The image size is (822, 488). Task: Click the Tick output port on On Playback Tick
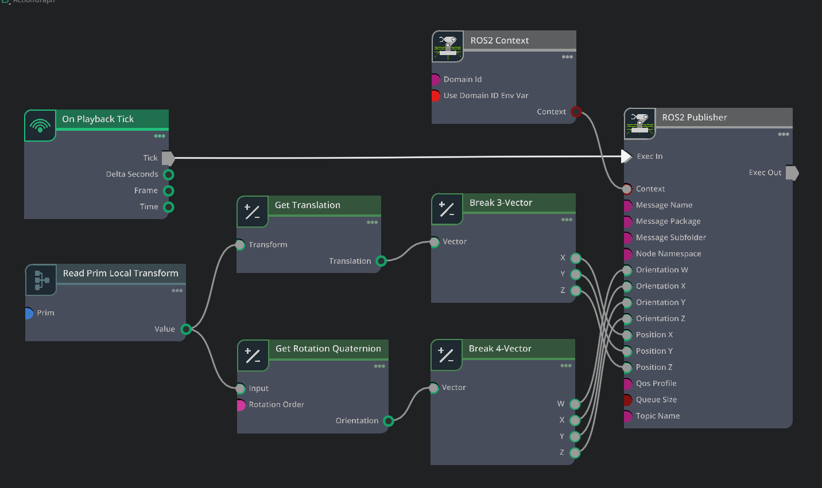click(x=168, y=158)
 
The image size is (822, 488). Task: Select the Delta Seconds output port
click(x=169, y=174)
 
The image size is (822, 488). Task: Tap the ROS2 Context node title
click(x=499, y=40)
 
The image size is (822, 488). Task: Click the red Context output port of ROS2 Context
click(x=576, y=112)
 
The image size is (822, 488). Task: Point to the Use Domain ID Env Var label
click(x=486, y=96)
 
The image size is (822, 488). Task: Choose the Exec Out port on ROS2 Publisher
click(x=792, y=173)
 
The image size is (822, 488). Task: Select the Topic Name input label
click(x=657, y=416)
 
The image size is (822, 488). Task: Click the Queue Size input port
click(x=627, y=400)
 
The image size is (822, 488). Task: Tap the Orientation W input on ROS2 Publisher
click(x=627, y=270)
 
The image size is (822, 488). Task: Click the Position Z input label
click(x=654, y=367)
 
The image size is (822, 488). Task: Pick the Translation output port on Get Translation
click(x=381, y=261)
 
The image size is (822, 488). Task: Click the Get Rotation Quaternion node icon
click(x=253, y=356)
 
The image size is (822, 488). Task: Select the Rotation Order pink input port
click(x=241, y=405)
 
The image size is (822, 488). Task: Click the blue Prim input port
click(x=28, y=313)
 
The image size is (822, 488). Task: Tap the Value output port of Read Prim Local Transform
click(x=186, y=329)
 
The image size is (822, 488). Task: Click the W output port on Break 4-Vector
click(x=575, y=404)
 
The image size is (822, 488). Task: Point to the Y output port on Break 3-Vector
click(x=576, y=274)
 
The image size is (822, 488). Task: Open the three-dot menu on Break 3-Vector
click(x=567, y=220)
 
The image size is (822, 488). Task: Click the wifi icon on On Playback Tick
click(x=40, y=126)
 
